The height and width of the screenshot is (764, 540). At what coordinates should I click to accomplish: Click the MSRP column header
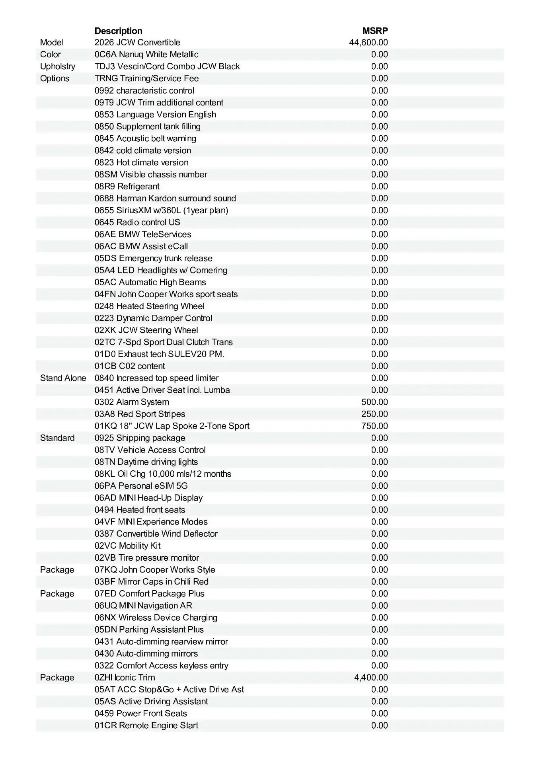(x=375, y=31)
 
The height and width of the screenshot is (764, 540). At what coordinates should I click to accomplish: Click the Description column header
(x=118, y=31)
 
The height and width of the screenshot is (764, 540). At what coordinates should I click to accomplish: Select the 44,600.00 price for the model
(x=368, y=43)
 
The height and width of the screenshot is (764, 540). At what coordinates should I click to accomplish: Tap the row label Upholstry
(x=57, y=66)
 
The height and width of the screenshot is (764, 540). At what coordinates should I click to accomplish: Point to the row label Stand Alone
(x=63, y=378)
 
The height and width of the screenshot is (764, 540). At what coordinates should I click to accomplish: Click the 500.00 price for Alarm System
(x=374, y=402)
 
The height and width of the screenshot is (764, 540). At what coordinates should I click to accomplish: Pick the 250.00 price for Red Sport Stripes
(x=374, y=414)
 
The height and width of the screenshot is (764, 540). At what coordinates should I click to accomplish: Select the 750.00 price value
(x=374, y=426)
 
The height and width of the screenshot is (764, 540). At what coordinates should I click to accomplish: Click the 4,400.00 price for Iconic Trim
(x=370, y=677)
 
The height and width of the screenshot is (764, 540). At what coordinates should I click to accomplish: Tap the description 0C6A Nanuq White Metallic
(x=146, y=55)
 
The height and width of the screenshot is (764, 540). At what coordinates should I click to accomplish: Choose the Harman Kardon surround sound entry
(x=165, y=198)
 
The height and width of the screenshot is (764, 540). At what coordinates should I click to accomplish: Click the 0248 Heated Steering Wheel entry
(x=150, y=306)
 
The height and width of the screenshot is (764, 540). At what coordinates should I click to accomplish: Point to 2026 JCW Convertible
(x=137, y=43)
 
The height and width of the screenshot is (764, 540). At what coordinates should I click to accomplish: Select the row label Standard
(x=57, y=438)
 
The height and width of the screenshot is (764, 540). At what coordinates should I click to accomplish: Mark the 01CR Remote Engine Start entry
(x=146, y=725)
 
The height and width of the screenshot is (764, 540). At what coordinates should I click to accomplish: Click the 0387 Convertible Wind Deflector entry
(x=156, y=534)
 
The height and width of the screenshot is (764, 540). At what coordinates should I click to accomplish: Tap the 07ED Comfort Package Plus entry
(x=150, y=593)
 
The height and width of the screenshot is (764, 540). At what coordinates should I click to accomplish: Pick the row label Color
(x=51, y=55)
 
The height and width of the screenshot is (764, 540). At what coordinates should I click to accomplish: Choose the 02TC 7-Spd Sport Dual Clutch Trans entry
(x=164, y=342)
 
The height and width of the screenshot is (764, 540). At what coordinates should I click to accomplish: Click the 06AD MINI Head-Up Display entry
(x=148, y=498)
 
